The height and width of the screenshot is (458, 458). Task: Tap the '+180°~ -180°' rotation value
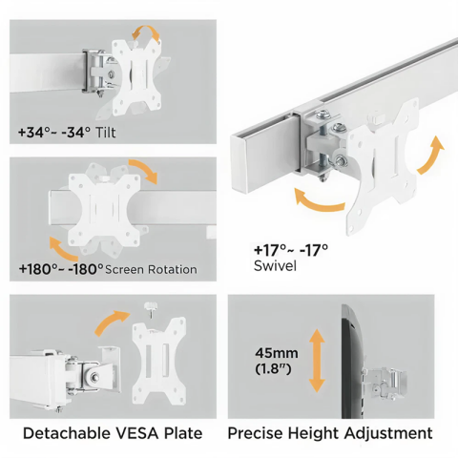(x=60, y=269)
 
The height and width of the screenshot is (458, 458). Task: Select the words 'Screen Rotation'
(x=152, y=270)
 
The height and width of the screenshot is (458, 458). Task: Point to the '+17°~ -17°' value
(x=290, y=250)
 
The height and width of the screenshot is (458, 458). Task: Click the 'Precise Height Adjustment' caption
(x=330, y=433)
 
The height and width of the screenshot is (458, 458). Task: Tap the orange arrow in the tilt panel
(x=149, y=34)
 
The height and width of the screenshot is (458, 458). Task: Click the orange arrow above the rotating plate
(x=142, y=173)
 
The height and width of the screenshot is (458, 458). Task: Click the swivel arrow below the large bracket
(x=316, y=201)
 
